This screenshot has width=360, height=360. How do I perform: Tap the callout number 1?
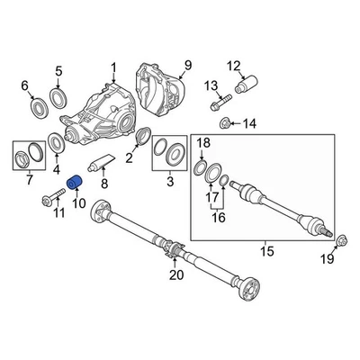tap(114, 67)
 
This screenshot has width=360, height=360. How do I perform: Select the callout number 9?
tap(188, 65)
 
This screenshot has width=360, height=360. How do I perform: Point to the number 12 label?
tap(234, 65)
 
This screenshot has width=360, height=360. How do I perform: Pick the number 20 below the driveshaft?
tap(176, 274)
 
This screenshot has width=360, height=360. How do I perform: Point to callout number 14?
tap(249, 123)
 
